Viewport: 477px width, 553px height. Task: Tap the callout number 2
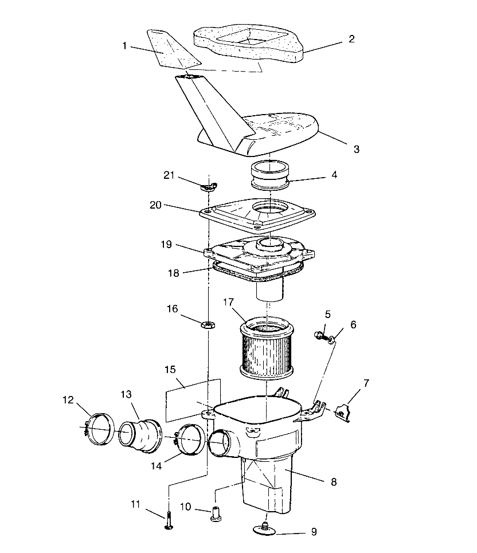tap(351, 40)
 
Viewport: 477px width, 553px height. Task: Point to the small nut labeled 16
tap(208, 325)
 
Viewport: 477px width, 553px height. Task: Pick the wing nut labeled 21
tap(211, 185)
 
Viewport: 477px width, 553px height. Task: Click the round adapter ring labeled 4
tap(271, 175)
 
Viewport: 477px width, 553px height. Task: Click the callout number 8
tap(333, 482)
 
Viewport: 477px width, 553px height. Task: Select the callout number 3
tap(356, 149)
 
